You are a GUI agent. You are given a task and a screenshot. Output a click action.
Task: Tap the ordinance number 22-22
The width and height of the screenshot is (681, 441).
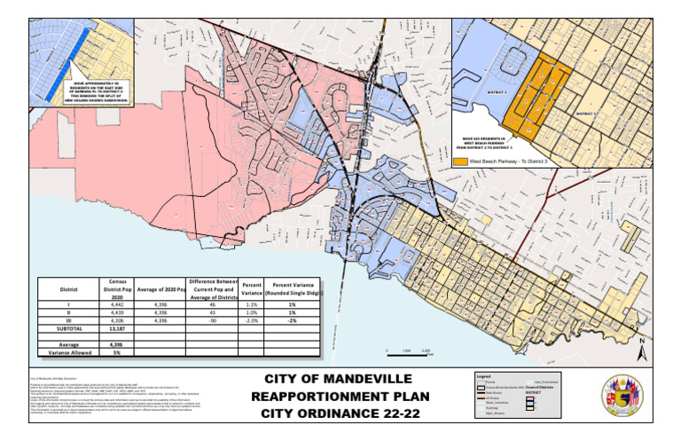(x=393, y=414)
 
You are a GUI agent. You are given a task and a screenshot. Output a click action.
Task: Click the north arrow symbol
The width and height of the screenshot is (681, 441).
(x=640, y=347)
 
